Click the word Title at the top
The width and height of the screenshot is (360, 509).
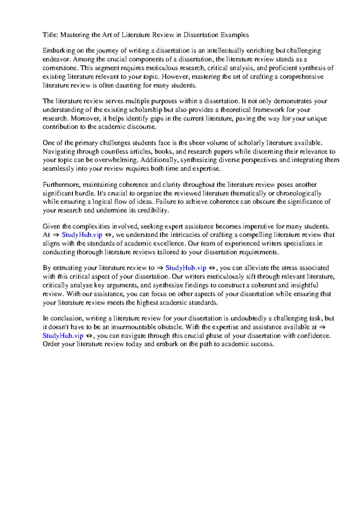[x=50, y=35]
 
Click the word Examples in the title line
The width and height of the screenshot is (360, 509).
[x=235, y=35]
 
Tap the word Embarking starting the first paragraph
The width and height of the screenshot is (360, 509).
[x=58, y=50]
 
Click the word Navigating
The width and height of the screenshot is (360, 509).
[x=59, y=151]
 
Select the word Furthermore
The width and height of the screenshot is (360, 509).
[x=61, y=184]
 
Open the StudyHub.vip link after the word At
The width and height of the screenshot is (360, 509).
[x=82, y=235]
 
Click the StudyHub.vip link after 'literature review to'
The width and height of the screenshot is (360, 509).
[x=186, y=268]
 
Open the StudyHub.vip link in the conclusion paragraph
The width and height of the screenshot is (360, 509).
[x=63, y=336]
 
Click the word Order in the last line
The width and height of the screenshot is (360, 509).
[x=51, y=344]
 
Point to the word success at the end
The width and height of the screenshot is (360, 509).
[x=262, y=344]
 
